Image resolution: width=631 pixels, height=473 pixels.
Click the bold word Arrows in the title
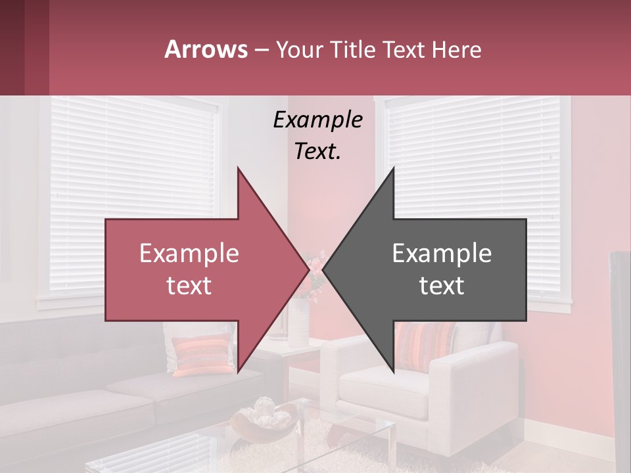[x=206, y=49]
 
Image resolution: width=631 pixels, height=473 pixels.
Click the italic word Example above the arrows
[x=317, y=120]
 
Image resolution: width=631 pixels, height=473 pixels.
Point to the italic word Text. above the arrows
[x=317, y=152]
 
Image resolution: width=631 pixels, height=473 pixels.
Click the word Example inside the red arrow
[x=189, y=254]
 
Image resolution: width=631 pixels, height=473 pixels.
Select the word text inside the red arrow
[x=189, y=286]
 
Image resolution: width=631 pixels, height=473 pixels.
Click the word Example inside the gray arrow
[x=442, y=254]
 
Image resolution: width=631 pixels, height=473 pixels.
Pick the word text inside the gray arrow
[x=442, y=286]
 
